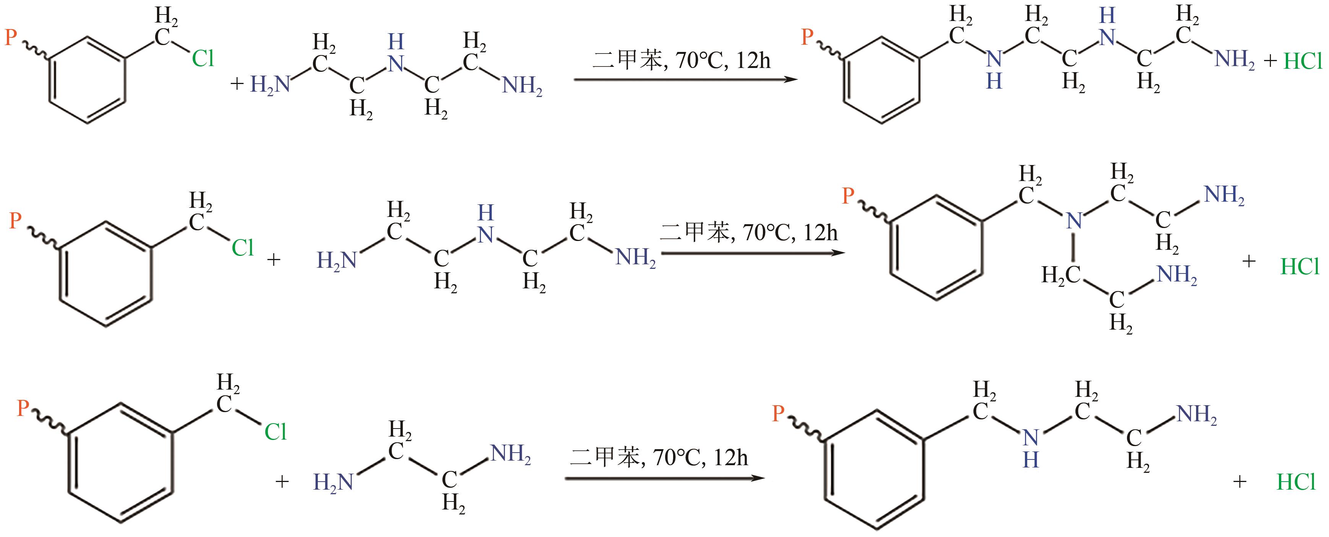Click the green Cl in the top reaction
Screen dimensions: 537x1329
coord(203,59)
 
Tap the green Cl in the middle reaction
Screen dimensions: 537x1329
coord(243,248)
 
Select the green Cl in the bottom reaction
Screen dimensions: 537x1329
coord(275,432)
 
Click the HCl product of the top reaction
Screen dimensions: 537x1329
coord(1303,61)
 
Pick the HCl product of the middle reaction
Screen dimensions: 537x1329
coord(1300,267)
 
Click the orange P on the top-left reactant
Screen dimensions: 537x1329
coord(11,37)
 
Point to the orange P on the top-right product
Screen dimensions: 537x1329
coord(807,37)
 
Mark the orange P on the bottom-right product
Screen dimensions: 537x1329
coord(778,413)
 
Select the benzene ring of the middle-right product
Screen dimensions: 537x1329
coord(936,247)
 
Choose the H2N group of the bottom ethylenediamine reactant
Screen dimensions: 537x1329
coord(333,482)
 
